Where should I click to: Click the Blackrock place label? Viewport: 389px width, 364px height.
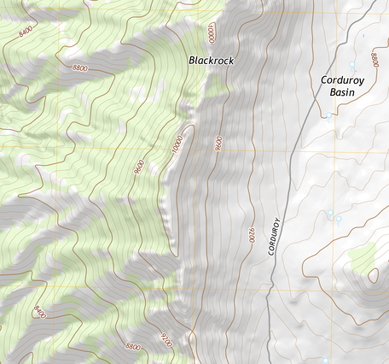210,61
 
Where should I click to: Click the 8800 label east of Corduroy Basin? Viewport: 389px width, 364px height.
374,61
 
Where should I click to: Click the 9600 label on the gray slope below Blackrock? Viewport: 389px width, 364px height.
219,143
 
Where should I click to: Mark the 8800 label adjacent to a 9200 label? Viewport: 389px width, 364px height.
132,347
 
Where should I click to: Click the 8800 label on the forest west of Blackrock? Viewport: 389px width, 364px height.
81,68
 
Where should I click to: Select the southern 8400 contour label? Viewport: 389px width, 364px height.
39,313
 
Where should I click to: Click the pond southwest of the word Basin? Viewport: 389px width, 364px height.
328,115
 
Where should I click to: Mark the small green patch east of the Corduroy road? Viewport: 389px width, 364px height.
364,255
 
